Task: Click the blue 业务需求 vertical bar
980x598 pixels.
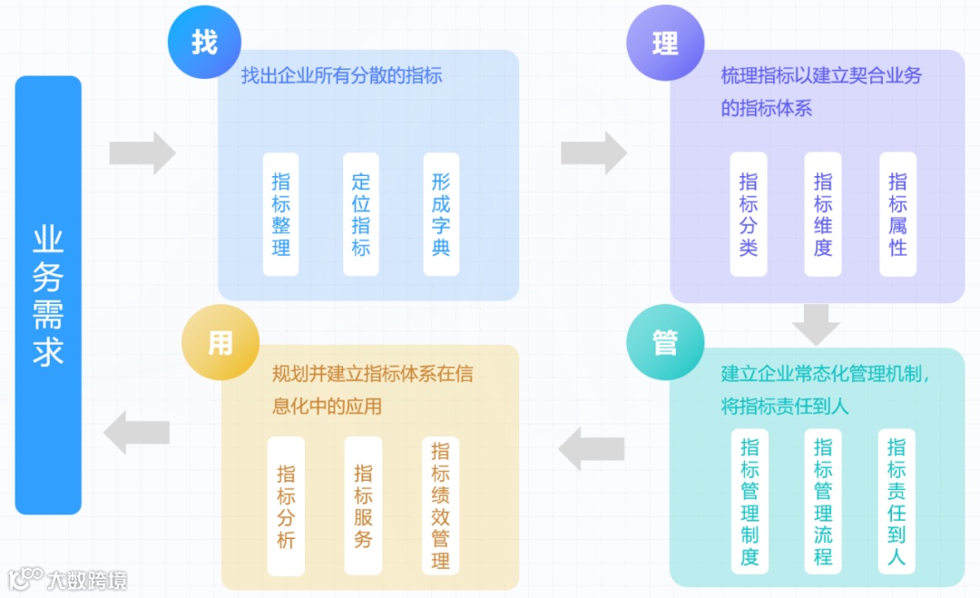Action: coord(48,295)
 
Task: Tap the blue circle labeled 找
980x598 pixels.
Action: coord(203,43)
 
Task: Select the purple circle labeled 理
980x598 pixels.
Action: coord(664,43)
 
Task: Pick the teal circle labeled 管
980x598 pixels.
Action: coord(664,342)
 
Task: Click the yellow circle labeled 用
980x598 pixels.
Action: coord(220,342)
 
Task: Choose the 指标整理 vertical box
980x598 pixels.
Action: coord(281,213)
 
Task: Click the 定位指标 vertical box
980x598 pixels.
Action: coord(361,213)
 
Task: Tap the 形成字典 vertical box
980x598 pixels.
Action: coord(441,213)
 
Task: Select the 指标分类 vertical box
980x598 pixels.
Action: coord(749,213)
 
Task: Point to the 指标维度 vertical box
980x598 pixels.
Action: coord(823,213)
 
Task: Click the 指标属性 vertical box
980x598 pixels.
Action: coord(897,213)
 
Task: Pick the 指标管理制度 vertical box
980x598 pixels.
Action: coord(750,501)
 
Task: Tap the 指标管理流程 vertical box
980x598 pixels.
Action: coord(823,501)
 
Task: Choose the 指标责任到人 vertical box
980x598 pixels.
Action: coord(897,501)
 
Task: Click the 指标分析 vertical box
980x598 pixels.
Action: coord(287,505)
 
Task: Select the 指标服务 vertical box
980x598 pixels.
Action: coord(363,505)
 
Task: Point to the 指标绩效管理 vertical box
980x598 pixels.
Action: coord(440,505)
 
